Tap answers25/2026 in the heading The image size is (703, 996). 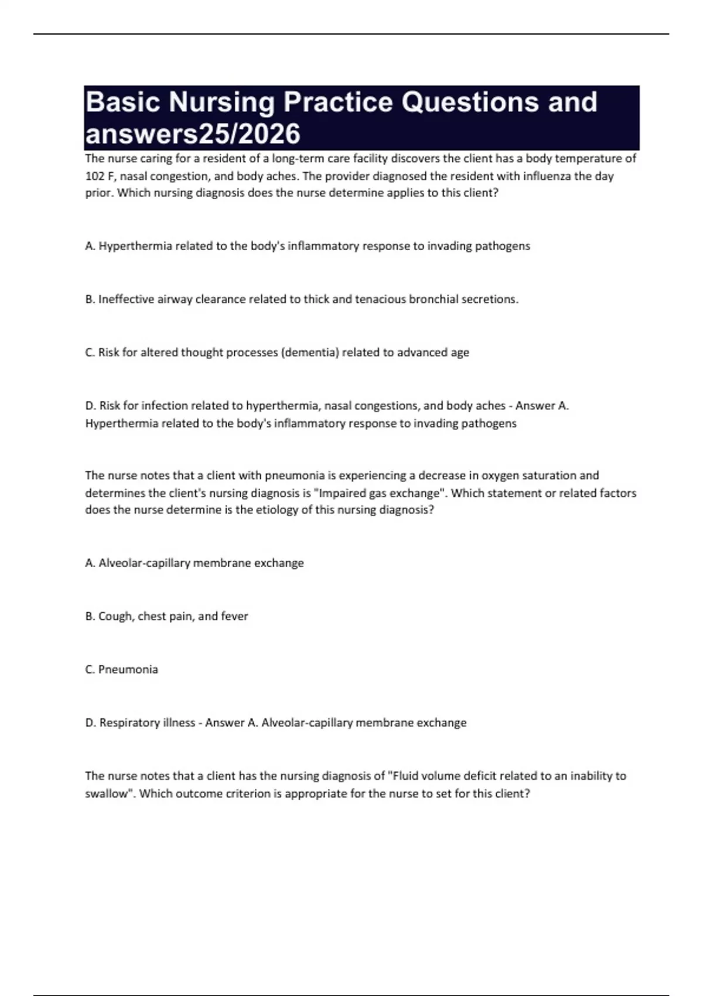tap(193, 134)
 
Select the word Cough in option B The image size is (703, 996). tap(115, 616)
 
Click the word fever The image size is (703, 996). tap(234, 616)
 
